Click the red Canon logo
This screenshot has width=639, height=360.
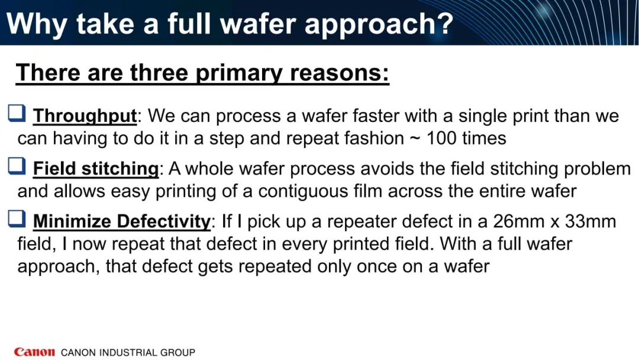pyautogui.click(x=34, y=352)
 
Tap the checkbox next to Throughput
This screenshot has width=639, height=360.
pyautogui.click(x=17, y=113)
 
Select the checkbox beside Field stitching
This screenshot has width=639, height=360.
pyautogui.click(x=17, y=166)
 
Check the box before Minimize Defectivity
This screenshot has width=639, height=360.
pyautogui.click(x=17, y=218)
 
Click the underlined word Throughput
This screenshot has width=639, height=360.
pyautogui.click(x=85, y=116)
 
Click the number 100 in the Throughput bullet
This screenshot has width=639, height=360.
pyautogui.click(x=441, y=138)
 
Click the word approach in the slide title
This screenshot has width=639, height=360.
pyautogui.click(x=379, y=24)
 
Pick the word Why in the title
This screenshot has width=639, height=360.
pyautogui.click(x=37, y=24)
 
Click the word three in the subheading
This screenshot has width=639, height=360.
pyautogui.click(x=159, y=73)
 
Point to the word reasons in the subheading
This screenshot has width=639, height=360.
pyautogui.click(x=340, y=73)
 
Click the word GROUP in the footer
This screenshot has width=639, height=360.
pyautogui.click(x=177, y=352)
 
